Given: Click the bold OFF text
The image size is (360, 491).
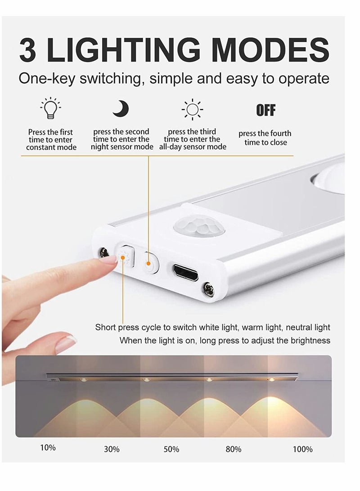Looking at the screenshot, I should click(x=265, y=110).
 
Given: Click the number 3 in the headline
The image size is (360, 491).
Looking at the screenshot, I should click(x=28, y=50).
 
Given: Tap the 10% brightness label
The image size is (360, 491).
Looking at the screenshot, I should click(x=48, y=448).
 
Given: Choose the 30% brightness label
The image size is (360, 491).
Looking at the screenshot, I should click(x=112, y=449).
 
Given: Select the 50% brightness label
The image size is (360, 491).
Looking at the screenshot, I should click(x=171, y=449).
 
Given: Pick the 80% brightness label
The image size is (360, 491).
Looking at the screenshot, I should click(x=233, y=449).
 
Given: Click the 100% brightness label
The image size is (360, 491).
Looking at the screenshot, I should click(x=302, y=449).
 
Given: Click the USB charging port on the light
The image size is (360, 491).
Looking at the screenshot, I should click(x=185, y=272).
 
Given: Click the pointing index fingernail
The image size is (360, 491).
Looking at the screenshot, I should click(x=108, y=258).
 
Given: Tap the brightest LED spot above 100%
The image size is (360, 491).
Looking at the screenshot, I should click(x=271, y=381).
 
